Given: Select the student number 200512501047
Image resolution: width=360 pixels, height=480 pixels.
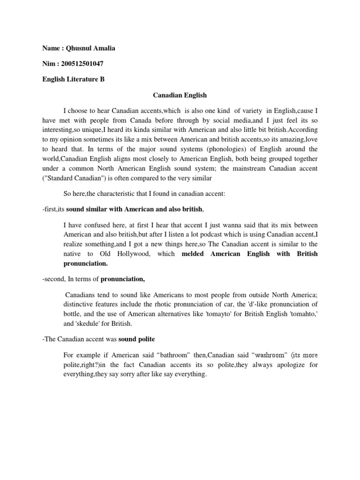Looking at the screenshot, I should tap(81, 63).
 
